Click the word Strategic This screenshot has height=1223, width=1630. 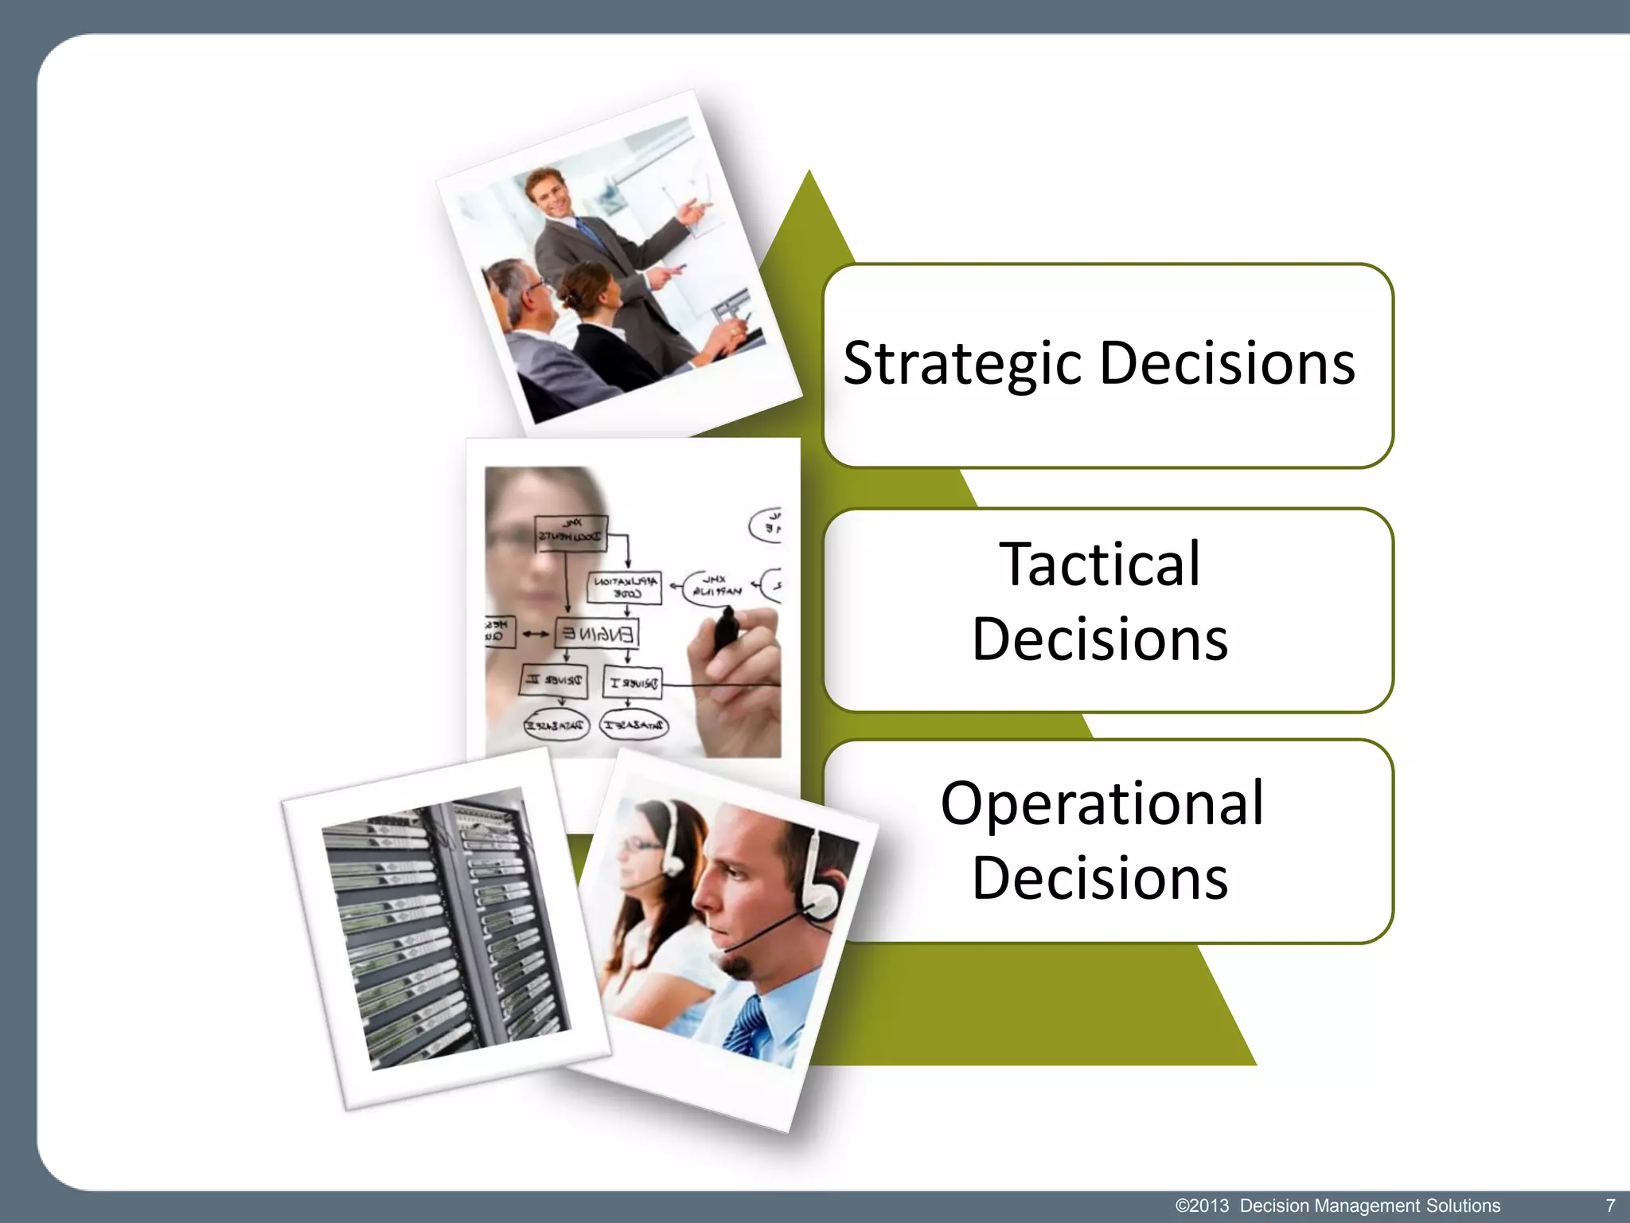coord(963,364)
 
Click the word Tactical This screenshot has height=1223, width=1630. coord(1100,565)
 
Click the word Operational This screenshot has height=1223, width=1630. coord(1102,803)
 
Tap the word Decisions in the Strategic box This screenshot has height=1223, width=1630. coord(1226,364)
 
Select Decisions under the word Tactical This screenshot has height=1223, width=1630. coord(1100,639)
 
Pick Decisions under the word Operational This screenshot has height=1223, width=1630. coord(1100,877)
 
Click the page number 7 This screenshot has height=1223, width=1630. coord(1610,1205)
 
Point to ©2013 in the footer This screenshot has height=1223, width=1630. coord(1202,1205)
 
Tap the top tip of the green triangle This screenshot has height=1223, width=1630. coord(809,174)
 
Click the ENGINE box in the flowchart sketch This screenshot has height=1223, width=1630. coord(597,634)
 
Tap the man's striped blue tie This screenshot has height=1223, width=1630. coord(745,1027)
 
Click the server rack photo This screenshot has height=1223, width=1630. coord(446,928)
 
